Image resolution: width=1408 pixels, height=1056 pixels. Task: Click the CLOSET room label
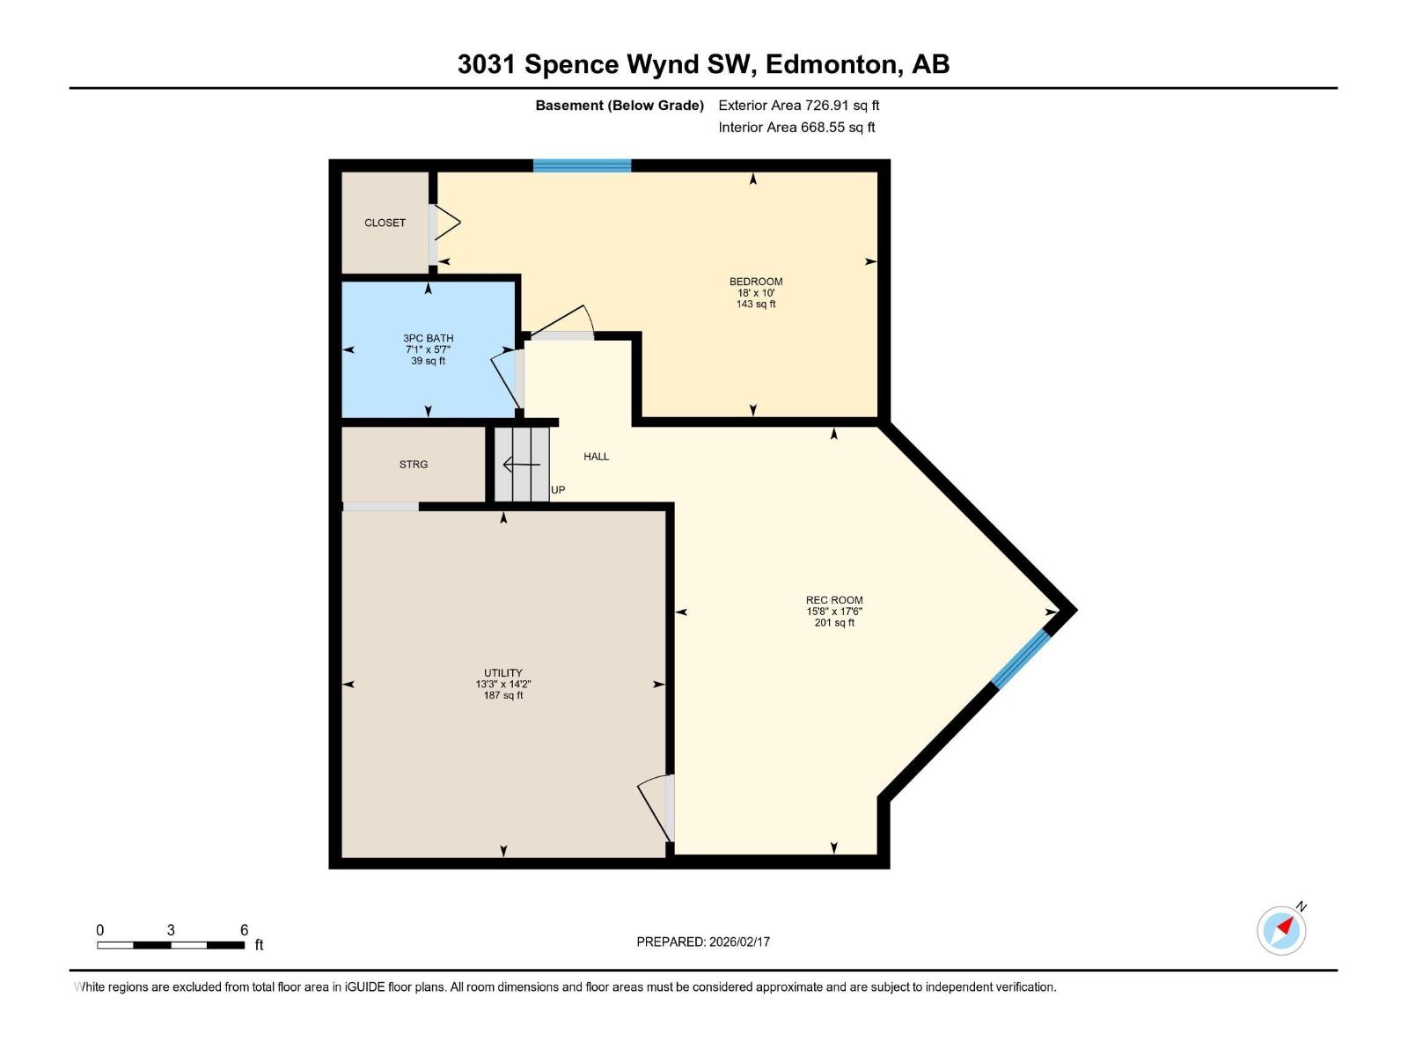[x=385, y=223]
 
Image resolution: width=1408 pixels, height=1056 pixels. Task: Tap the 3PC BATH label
[x=429, y=338]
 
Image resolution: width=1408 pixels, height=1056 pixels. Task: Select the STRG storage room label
[x=414, y=464]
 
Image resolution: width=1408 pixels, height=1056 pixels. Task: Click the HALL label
[x=596, y=456]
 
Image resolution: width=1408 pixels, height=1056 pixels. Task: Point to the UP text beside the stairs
[x=558, y=489]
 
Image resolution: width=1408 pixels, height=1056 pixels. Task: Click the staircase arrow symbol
[x=520, y=464]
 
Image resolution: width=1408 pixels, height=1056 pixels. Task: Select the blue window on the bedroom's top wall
[x=582, y=165]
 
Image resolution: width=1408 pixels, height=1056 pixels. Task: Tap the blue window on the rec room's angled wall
[x=1021, y=657]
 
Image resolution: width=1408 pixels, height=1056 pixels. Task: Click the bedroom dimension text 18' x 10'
[x=756, y=293]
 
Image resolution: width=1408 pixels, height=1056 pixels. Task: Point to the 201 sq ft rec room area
[x=834, y=623]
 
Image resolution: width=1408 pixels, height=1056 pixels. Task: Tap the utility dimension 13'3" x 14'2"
[x=503, y=684]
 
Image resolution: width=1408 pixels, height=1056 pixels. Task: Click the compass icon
[x=1281, y=930]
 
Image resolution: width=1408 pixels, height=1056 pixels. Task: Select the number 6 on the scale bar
[x=244, y=930]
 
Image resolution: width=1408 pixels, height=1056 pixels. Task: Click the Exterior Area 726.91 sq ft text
[x=798, y=106]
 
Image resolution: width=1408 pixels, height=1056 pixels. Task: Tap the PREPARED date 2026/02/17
[x=739, y=942]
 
